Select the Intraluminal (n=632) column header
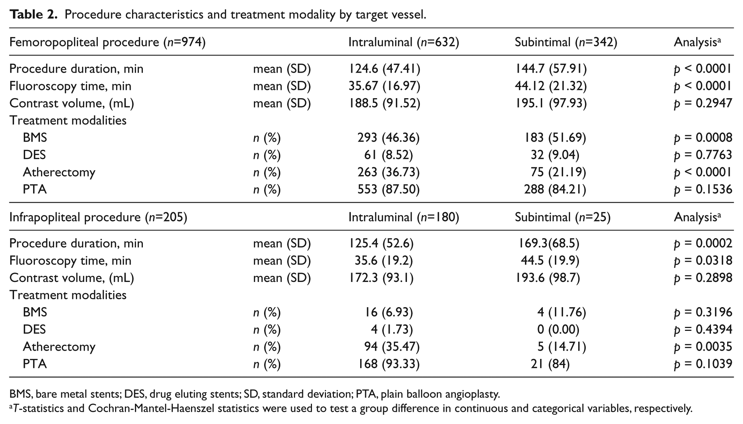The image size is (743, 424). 404,42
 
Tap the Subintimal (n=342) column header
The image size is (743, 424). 566,42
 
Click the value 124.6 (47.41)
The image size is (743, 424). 384,68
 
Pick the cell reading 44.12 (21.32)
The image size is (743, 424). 551,86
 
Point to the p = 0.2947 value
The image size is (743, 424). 703,103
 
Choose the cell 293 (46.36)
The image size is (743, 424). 389,137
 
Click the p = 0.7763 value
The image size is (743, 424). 703,155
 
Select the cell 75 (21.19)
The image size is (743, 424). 558,172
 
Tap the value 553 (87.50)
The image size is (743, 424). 389,189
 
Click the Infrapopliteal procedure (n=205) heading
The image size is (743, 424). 98,217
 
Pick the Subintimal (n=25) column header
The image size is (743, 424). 563,217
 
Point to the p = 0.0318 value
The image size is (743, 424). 703,261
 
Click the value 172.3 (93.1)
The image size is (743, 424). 381,278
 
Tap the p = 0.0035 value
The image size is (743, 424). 703,347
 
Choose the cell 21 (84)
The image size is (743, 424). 550,364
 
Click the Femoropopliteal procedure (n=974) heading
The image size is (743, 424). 107,42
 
